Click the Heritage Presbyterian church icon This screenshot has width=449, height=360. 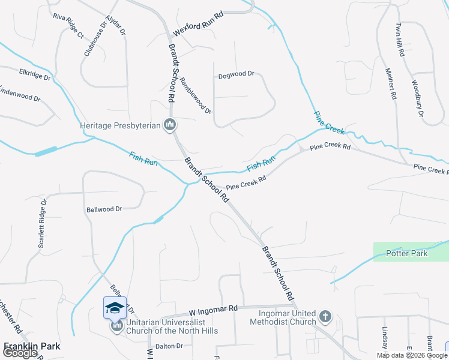[170, 125]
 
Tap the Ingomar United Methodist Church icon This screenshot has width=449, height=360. [325, 316]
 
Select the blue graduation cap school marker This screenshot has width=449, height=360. [115, 308]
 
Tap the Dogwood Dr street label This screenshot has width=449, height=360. [237, 74]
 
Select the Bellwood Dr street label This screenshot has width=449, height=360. [104, 209]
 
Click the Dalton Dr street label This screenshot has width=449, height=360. [169, 346]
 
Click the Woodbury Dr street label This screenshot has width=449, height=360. [418, 98]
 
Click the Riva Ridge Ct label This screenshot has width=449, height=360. [68, 25]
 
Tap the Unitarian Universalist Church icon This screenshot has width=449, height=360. [116, 326]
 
